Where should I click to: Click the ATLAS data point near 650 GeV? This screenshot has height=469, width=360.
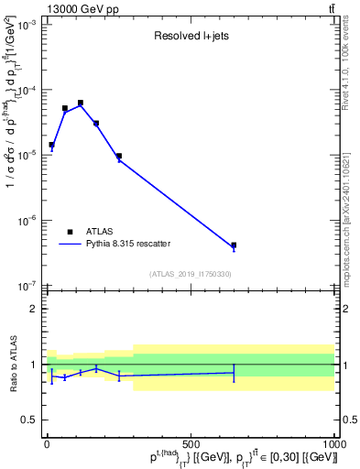234,245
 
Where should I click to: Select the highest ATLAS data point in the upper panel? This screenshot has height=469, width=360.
81,103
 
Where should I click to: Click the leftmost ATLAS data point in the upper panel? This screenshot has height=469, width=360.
51,145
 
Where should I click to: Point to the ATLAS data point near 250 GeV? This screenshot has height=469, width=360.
119,156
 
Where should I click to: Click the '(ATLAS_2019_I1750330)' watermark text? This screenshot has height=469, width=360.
190,274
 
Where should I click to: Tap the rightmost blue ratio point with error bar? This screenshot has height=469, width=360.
234,372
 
